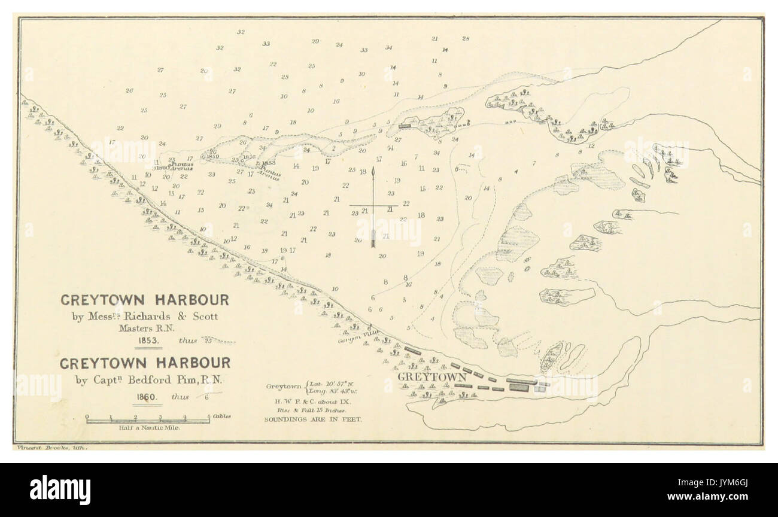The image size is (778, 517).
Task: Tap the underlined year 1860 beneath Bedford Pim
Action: point(147,396)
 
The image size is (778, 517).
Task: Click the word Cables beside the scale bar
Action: point(220,415)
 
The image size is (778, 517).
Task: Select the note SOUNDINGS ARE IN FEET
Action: point(314,419)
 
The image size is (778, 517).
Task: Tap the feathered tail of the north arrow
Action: point(373,242)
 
